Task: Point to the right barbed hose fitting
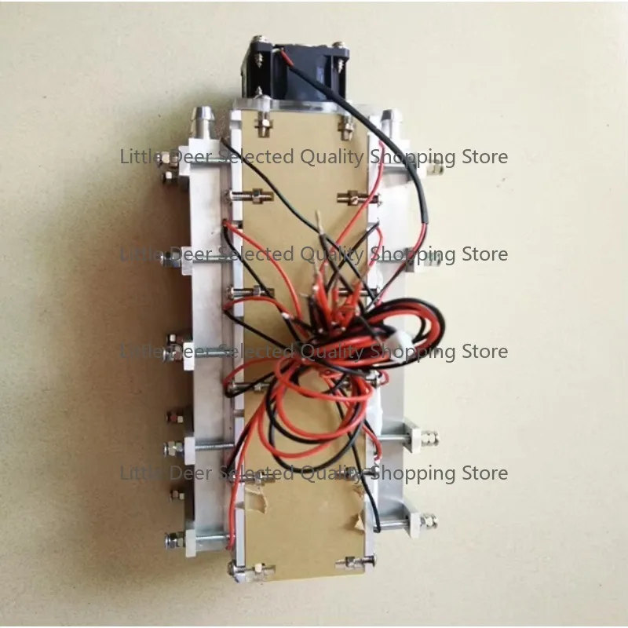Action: tap(389, 122)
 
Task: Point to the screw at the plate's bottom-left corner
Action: tap(233, 568)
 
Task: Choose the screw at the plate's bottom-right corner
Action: tap(371, 560)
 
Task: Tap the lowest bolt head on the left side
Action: tap(171, 540)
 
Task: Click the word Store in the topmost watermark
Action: tap(485, 156)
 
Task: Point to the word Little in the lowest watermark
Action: tap(141, 473)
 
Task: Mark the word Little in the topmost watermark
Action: tap(141, 156)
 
